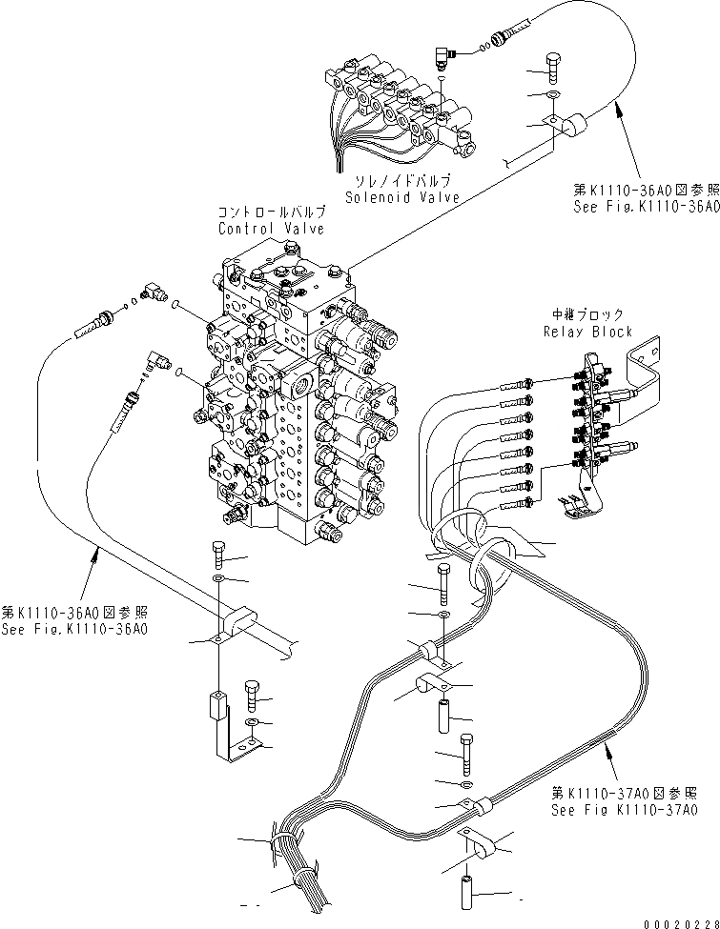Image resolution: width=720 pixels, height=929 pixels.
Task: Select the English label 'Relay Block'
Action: click(587, 332)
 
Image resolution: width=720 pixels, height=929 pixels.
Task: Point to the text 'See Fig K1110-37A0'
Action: click(624, 810)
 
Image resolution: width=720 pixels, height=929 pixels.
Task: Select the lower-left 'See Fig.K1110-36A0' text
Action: click(77, 628)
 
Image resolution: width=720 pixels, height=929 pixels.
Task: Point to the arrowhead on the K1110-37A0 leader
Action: click(604, 754)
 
